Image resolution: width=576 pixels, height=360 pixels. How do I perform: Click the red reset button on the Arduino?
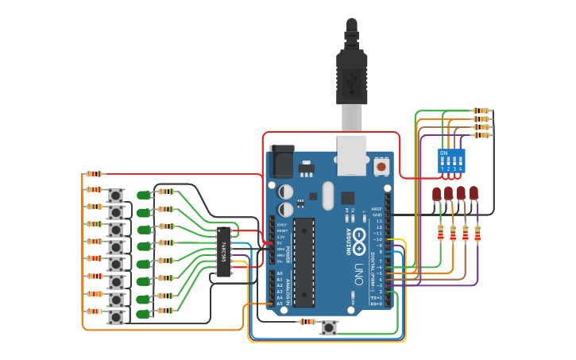tap(381, 167)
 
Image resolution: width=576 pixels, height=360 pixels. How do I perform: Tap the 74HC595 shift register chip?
tap(223, 252)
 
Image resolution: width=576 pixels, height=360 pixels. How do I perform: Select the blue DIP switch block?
tap(451, 161)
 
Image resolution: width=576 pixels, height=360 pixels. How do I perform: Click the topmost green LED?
tap(143, 195)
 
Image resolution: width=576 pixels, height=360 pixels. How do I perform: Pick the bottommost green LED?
tap(143, 315)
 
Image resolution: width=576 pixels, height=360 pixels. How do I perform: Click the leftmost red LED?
tap(436, 193)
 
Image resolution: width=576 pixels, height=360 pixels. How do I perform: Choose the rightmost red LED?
tap(474, 193)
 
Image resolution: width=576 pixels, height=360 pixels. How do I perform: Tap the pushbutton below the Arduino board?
tap(329, 327)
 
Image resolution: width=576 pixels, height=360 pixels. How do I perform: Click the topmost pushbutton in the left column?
tap(116, 195)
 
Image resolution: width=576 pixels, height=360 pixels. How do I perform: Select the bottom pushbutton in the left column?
tap(116, 316)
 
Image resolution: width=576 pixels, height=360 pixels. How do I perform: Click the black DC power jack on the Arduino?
tap(281, 162)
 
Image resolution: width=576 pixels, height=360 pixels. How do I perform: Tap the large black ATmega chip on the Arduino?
tap(303, 262)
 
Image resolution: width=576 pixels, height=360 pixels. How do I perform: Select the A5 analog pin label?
tap(280, 304)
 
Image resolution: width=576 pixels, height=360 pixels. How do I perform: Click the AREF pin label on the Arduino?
tap(377, 208)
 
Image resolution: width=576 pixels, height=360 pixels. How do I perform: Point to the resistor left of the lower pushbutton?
tap(308, 322)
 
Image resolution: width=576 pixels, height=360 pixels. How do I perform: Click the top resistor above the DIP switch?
tap(481, 110)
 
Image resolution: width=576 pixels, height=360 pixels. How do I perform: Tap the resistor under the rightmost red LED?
tap(477, 233)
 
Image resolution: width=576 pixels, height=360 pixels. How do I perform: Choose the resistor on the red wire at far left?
tap(94, 173)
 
